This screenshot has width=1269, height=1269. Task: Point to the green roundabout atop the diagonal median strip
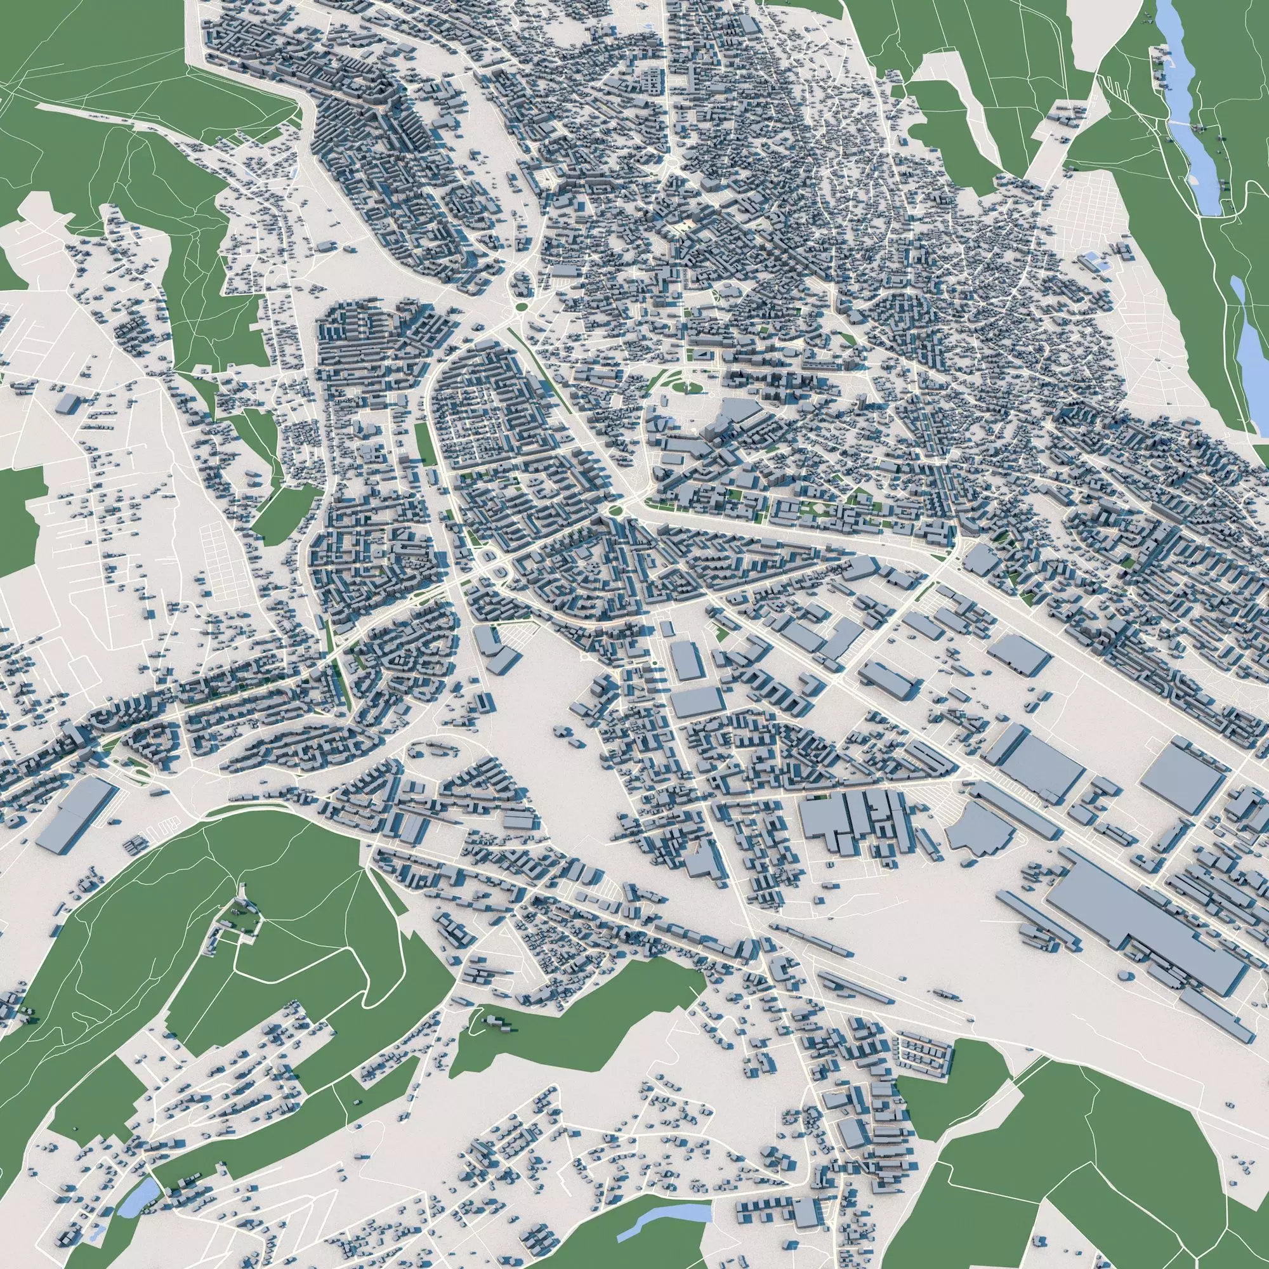(521, 306)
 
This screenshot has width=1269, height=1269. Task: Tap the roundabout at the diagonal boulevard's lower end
(616, 510)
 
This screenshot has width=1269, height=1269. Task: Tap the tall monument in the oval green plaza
(685, 388)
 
